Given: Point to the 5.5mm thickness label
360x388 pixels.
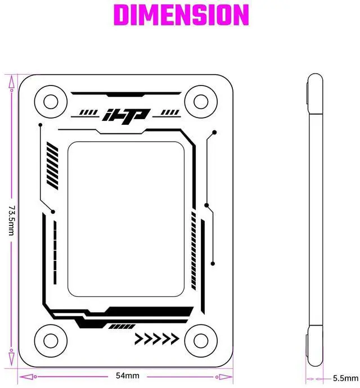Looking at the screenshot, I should coord(344,378).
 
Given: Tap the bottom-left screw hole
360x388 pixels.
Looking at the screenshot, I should coord(51,339).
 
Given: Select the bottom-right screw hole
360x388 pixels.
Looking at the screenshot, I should coord(201,339).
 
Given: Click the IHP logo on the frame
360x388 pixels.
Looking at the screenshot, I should coord(125,115).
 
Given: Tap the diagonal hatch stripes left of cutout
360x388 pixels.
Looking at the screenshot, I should coord(52,166).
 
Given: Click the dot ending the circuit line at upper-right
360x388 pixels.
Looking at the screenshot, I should coord(214,133).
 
